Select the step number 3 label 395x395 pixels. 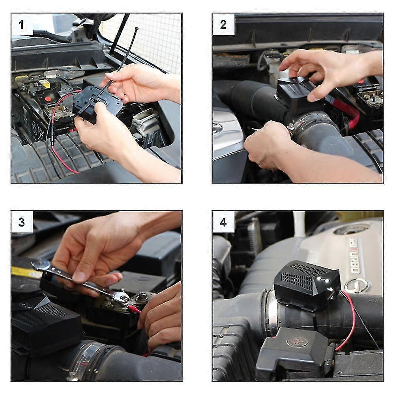click(x=22, y=222)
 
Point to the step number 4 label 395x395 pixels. click(x=223, y=222)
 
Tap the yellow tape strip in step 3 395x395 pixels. click(x=26, y=272)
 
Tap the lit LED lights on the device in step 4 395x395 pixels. click(x=325, y=281)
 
